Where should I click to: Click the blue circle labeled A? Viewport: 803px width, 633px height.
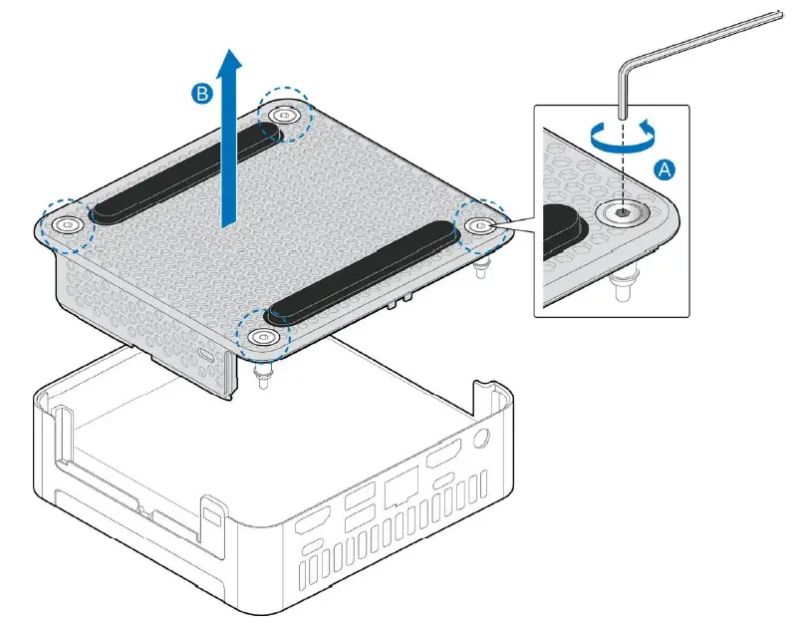(x=664, y=169)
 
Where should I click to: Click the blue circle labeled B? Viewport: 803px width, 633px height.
(x=202, y=94)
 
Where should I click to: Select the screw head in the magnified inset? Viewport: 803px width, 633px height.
(x=621, y=211)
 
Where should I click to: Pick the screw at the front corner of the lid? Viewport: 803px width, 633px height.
(x=262, y=337)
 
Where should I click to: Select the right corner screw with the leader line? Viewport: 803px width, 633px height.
(x=480, y=226)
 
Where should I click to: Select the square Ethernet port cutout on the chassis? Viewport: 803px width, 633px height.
(x=400, y=488)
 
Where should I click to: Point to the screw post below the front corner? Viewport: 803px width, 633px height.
(x=264, y=376)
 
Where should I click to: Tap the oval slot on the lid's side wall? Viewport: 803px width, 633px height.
(x=206, y=352)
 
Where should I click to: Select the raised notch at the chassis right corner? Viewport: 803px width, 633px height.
(x=484, y=384)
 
